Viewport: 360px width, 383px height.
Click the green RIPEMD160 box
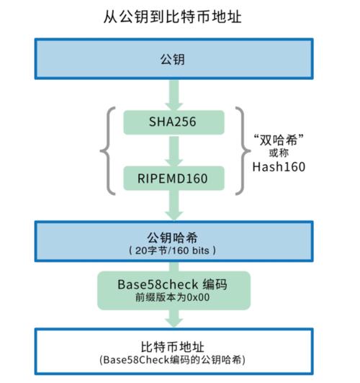pyautogui.click(x=172, y=175)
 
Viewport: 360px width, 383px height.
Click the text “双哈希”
pyautogui.click(x=278, y=139)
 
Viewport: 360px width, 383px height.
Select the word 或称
pyautogui.click(x=279, y=153)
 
